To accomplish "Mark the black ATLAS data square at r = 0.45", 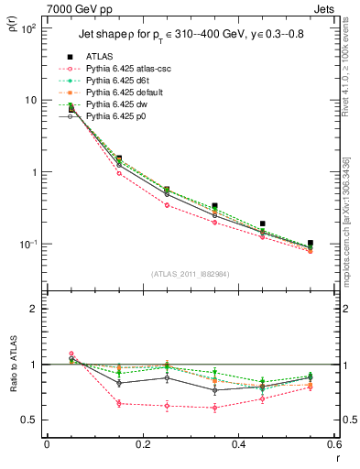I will pos(262,224).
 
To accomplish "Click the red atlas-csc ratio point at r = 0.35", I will pos(214,408).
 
